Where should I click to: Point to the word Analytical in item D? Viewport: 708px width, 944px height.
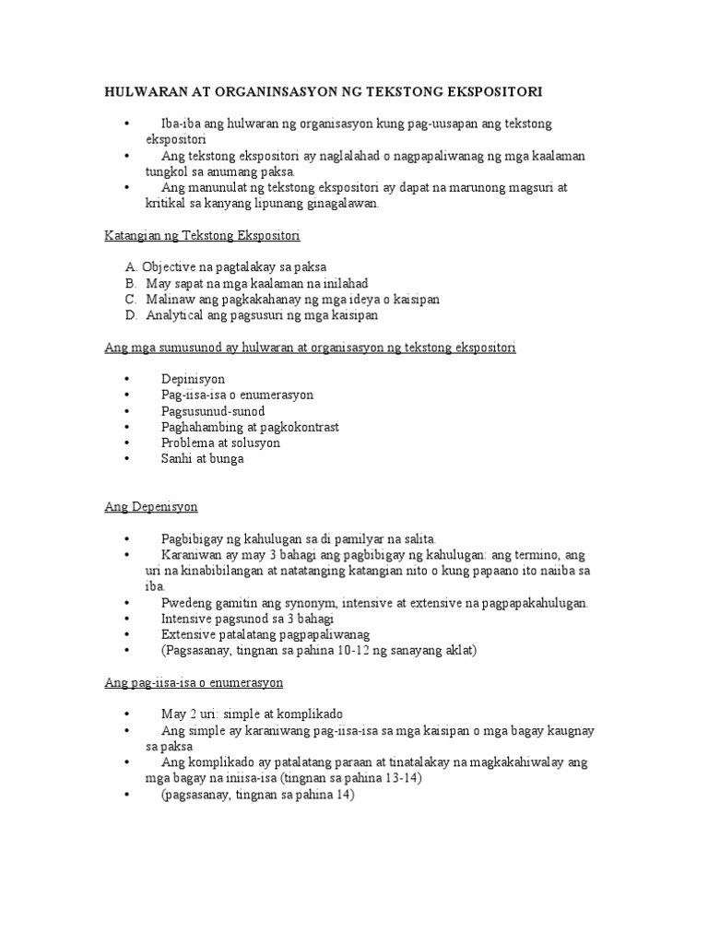pos(175,314)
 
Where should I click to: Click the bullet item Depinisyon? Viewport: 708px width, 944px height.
pos(193,379)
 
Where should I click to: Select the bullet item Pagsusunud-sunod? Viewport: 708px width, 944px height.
pos(213,410)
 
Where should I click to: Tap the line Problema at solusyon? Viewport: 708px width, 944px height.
pos(220,442)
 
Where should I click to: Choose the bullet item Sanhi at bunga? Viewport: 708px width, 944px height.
pos(202,458)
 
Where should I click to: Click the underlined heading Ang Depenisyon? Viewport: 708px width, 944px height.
pos(150,507)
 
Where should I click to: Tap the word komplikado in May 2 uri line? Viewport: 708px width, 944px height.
pos(310,714)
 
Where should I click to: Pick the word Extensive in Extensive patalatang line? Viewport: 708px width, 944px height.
pos(189,634)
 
